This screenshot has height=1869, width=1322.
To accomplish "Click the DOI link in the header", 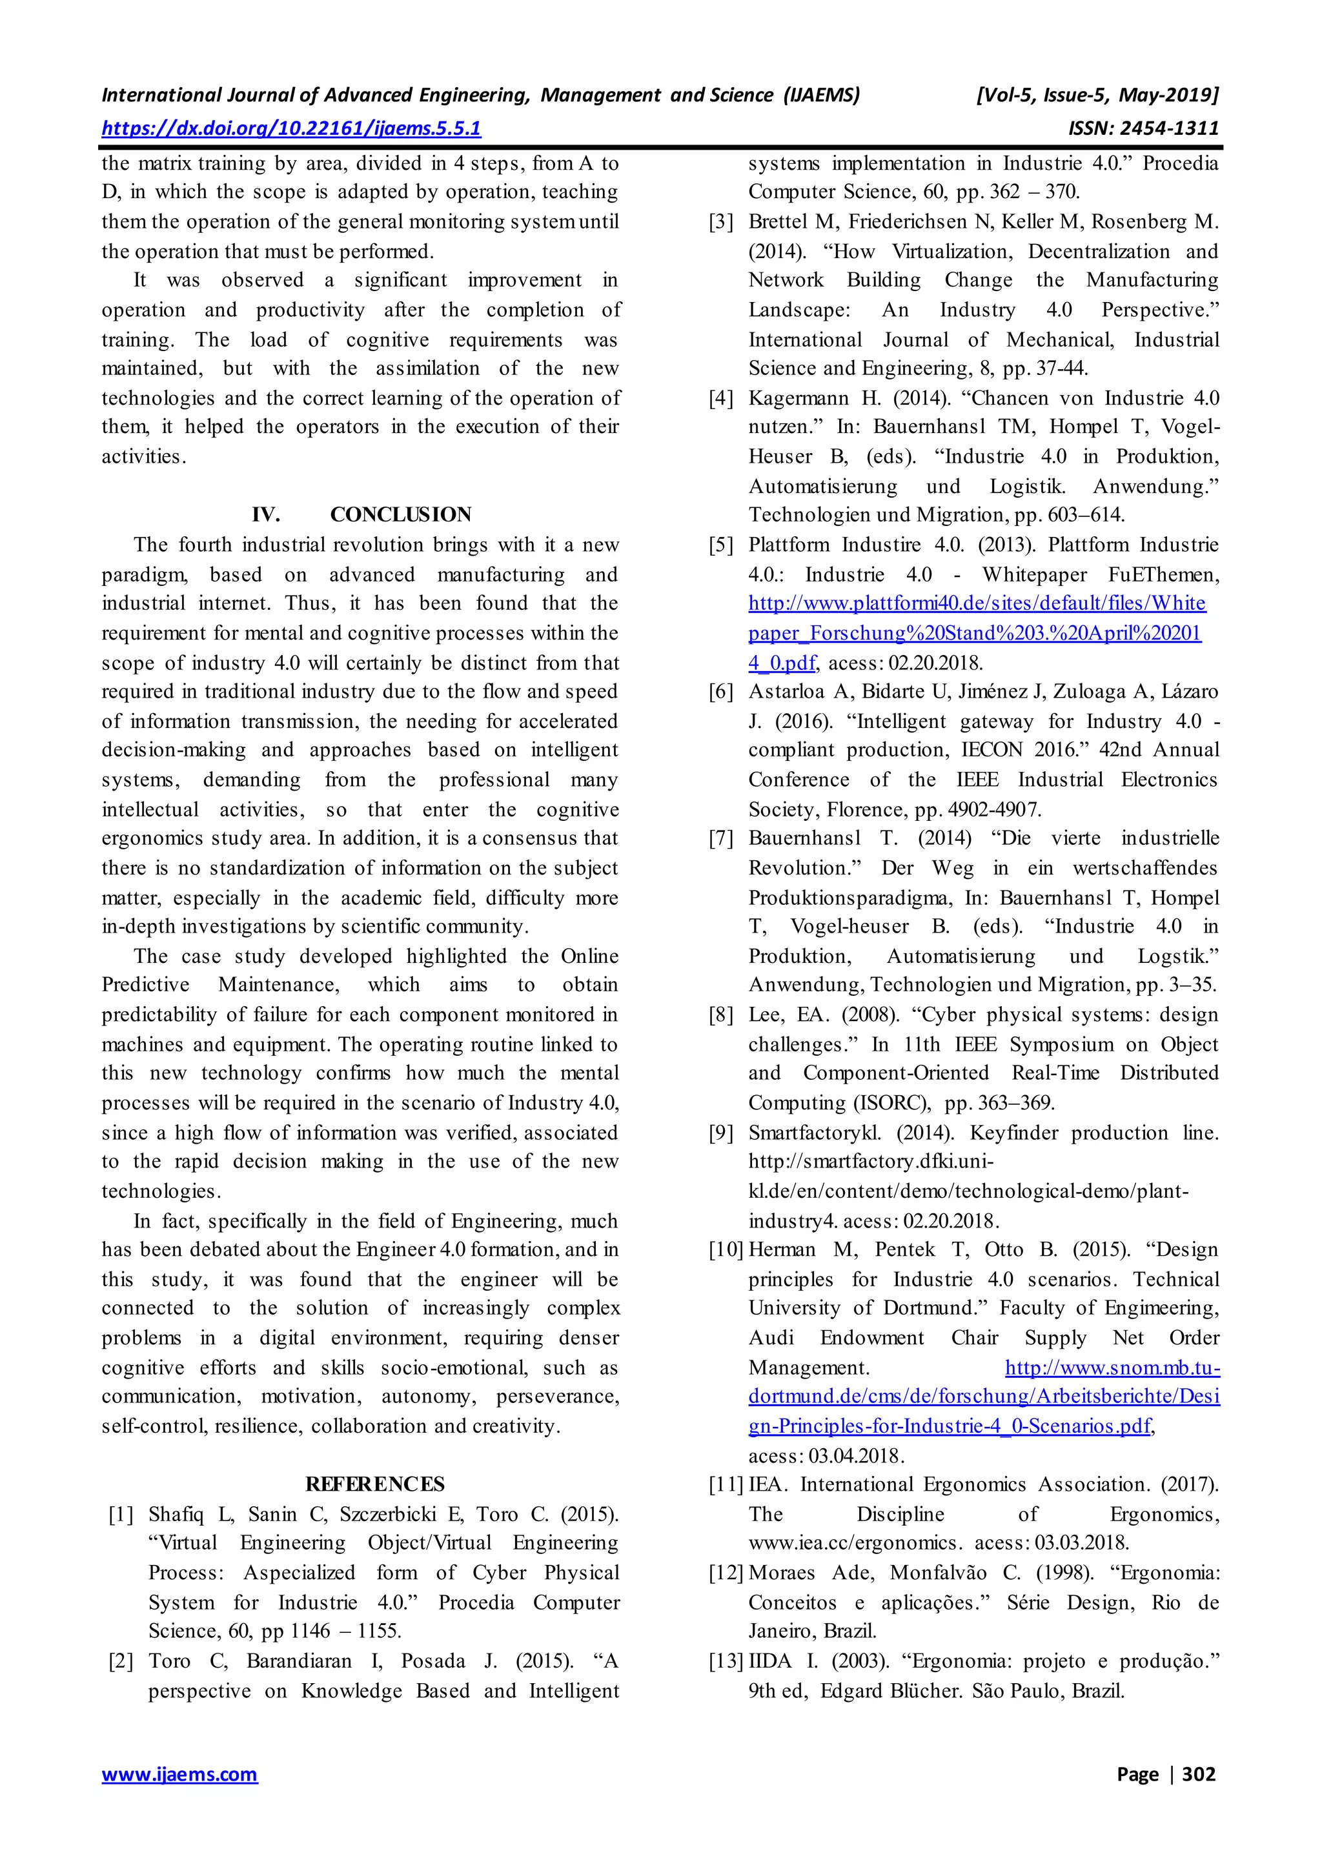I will click(290, 128).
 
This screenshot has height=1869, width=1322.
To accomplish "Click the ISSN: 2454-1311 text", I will click(1144, 128).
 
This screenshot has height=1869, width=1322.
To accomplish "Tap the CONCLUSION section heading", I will click(400, 514).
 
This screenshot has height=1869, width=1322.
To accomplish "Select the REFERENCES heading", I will click(375, 1484).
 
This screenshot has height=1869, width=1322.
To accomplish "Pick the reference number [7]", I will click(721, 838).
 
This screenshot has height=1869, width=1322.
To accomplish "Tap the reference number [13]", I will click(726, 1661).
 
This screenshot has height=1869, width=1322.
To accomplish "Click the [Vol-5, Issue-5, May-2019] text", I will click(1097, 96).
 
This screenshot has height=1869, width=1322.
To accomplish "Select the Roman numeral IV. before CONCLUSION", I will click(266, 514).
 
